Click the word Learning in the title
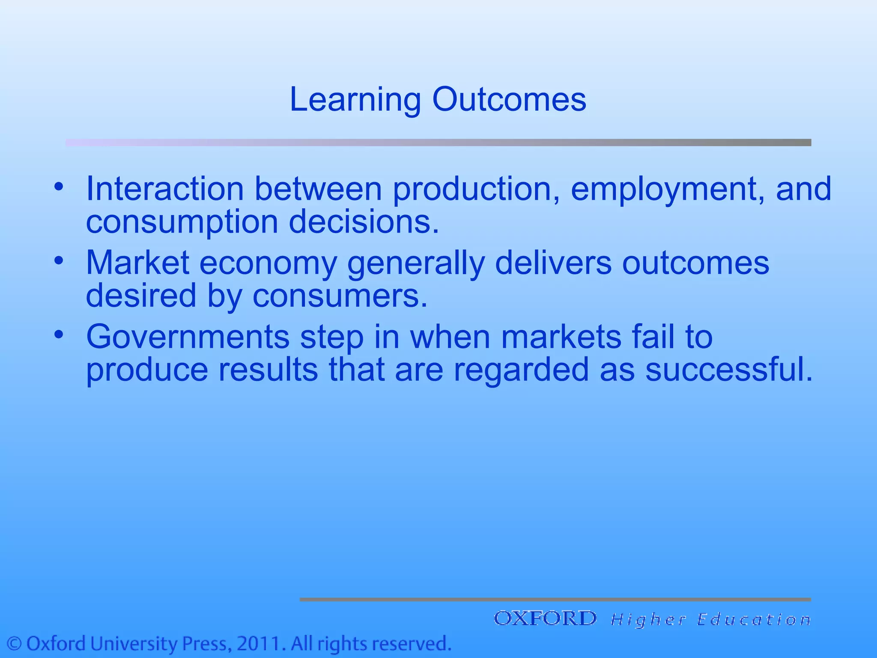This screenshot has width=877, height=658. point(355,100)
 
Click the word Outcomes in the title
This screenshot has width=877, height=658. point(509,99)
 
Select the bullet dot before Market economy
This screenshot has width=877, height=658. point(59,260)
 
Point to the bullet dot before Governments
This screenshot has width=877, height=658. point(59,335)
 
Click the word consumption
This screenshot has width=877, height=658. point(182,222)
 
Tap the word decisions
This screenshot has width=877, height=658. point(364,222)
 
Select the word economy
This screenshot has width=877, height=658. point(268,263)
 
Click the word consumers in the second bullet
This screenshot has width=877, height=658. point(340,296)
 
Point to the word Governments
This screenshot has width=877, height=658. point(188,337)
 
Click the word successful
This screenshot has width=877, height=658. point(728,369)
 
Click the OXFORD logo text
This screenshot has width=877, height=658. point(545,619)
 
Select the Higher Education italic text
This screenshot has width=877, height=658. point(710,620)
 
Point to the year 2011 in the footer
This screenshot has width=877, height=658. point(260,644)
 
